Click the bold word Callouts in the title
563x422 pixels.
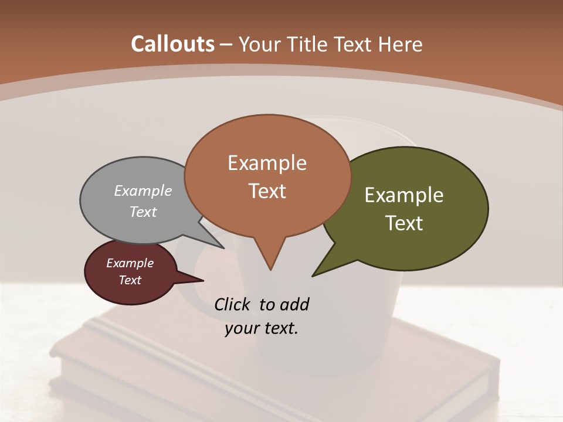[173, 44]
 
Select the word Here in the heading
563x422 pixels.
[402, 44]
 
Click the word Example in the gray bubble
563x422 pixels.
[143, 190]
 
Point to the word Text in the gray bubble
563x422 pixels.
[143, 212]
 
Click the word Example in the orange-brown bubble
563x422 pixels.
[267, 163]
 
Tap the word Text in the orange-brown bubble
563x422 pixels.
[267, 191]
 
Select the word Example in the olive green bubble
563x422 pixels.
[404, 195]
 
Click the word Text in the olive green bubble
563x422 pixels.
[404, 223]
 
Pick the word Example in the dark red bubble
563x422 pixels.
[130, 263]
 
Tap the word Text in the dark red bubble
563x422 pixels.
[130, 280]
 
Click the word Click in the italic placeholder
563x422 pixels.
[233, 304]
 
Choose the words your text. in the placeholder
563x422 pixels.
[262, 328]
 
